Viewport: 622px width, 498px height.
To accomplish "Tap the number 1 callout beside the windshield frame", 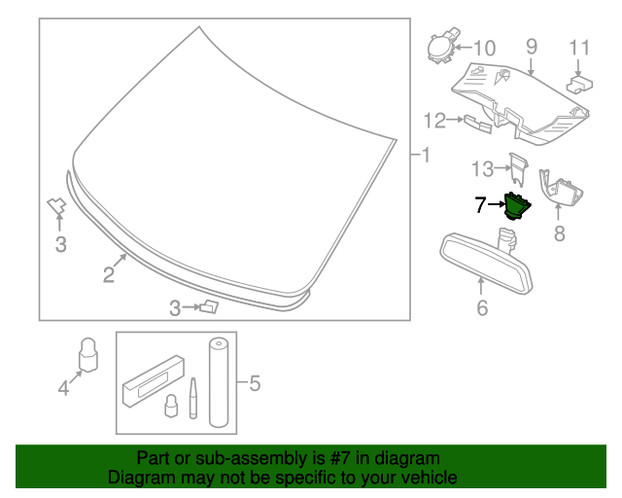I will [425, 154].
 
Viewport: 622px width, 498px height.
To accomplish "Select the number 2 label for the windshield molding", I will [109, 275].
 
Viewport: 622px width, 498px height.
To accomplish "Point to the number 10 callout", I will [483, 48].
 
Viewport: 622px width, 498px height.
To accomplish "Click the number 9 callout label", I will [532, 46].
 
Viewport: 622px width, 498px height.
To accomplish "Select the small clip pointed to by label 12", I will [473, 122].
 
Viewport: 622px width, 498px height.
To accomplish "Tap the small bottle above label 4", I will [89, 354].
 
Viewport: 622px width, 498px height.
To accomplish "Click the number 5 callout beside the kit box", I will [255, 383].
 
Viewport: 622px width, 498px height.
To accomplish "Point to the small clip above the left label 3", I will [55, 204].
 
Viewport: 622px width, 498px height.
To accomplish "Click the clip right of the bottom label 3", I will [208, 308].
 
